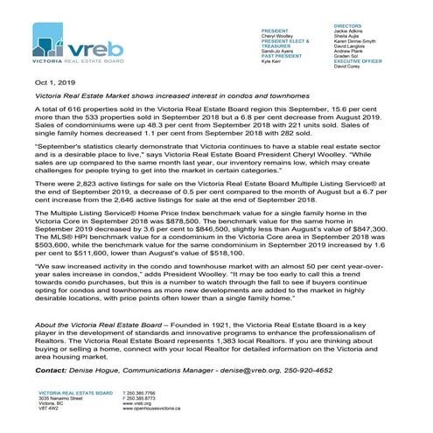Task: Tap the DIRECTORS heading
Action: click(349, 29)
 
